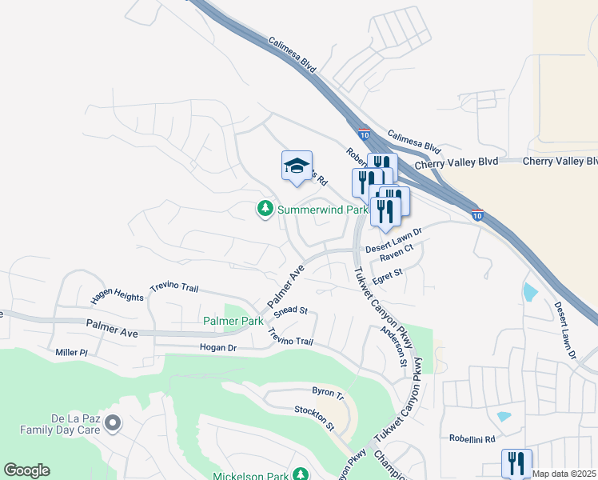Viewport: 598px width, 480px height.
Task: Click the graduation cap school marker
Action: (297, 167)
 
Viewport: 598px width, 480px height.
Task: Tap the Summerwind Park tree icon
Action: (265, 209)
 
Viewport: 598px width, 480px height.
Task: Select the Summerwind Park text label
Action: (322, 210)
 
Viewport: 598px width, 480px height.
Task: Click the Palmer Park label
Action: (233, 321)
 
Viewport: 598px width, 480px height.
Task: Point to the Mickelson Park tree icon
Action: (301, 474)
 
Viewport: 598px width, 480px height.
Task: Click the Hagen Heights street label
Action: (118, 296)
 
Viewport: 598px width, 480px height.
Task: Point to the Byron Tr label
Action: (328, 395)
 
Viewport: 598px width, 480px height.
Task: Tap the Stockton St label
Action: (313, 417)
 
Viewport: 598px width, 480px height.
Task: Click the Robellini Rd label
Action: (472, 439)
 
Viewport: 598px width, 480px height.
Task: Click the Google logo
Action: (26, 470)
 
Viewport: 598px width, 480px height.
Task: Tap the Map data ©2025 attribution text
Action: (564, 474)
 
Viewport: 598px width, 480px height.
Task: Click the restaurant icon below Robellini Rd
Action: (516, 462)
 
